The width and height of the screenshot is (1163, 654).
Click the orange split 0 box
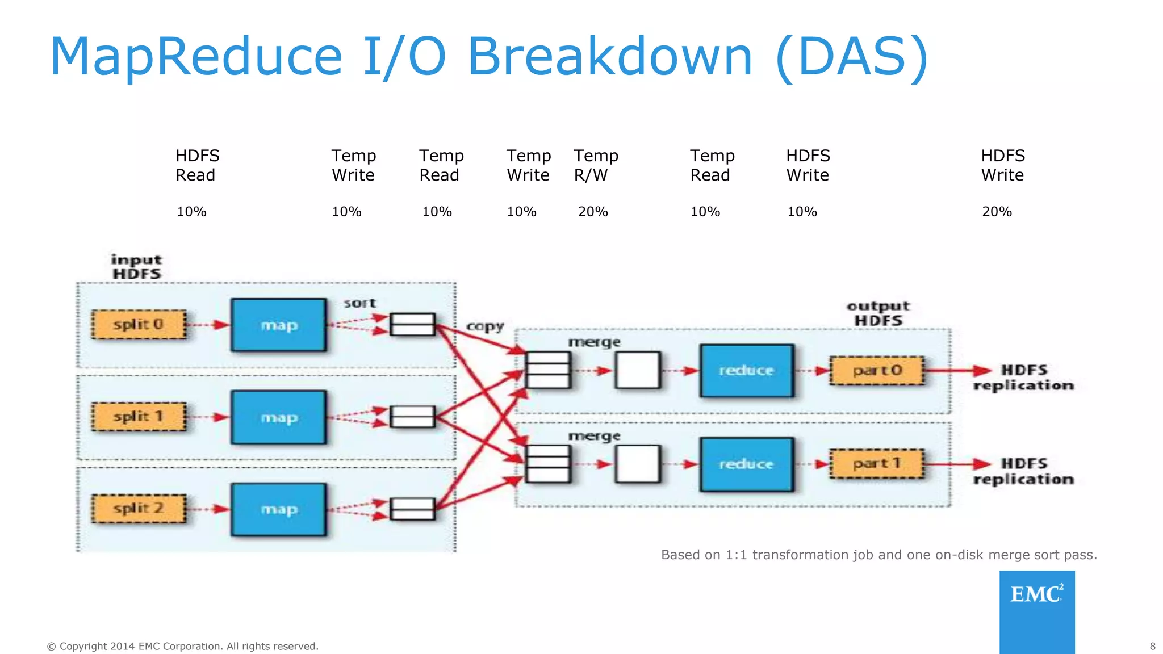coord(139,325)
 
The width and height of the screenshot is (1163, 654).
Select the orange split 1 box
coord(139,417)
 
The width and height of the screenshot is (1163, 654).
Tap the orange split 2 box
coord(139,508)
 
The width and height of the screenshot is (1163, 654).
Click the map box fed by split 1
coord(278,417)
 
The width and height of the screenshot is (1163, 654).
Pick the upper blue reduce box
coord(746,370)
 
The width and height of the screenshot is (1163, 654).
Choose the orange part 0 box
coord(877,371)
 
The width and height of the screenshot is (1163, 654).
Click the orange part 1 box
coord(877,464)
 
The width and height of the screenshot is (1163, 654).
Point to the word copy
coord(485,326)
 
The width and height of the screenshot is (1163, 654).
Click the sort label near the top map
coord(359,303)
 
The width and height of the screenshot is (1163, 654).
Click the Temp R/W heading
coord(595,165)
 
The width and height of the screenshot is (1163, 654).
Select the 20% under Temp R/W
coord(593,212)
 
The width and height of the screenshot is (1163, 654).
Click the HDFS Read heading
coord(196,165)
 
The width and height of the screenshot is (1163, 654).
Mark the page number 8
coord(1152,646)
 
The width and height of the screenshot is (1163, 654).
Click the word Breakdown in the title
coord(610,57)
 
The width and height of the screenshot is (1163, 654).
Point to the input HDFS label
coord(136,267)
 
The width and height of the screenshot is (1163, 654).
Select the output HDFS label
coord(878,313)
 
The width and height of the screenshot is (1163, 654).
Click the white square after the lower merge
coord(638,464)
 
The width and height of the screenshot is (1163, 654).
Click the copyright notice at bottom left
coord(182,646)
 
